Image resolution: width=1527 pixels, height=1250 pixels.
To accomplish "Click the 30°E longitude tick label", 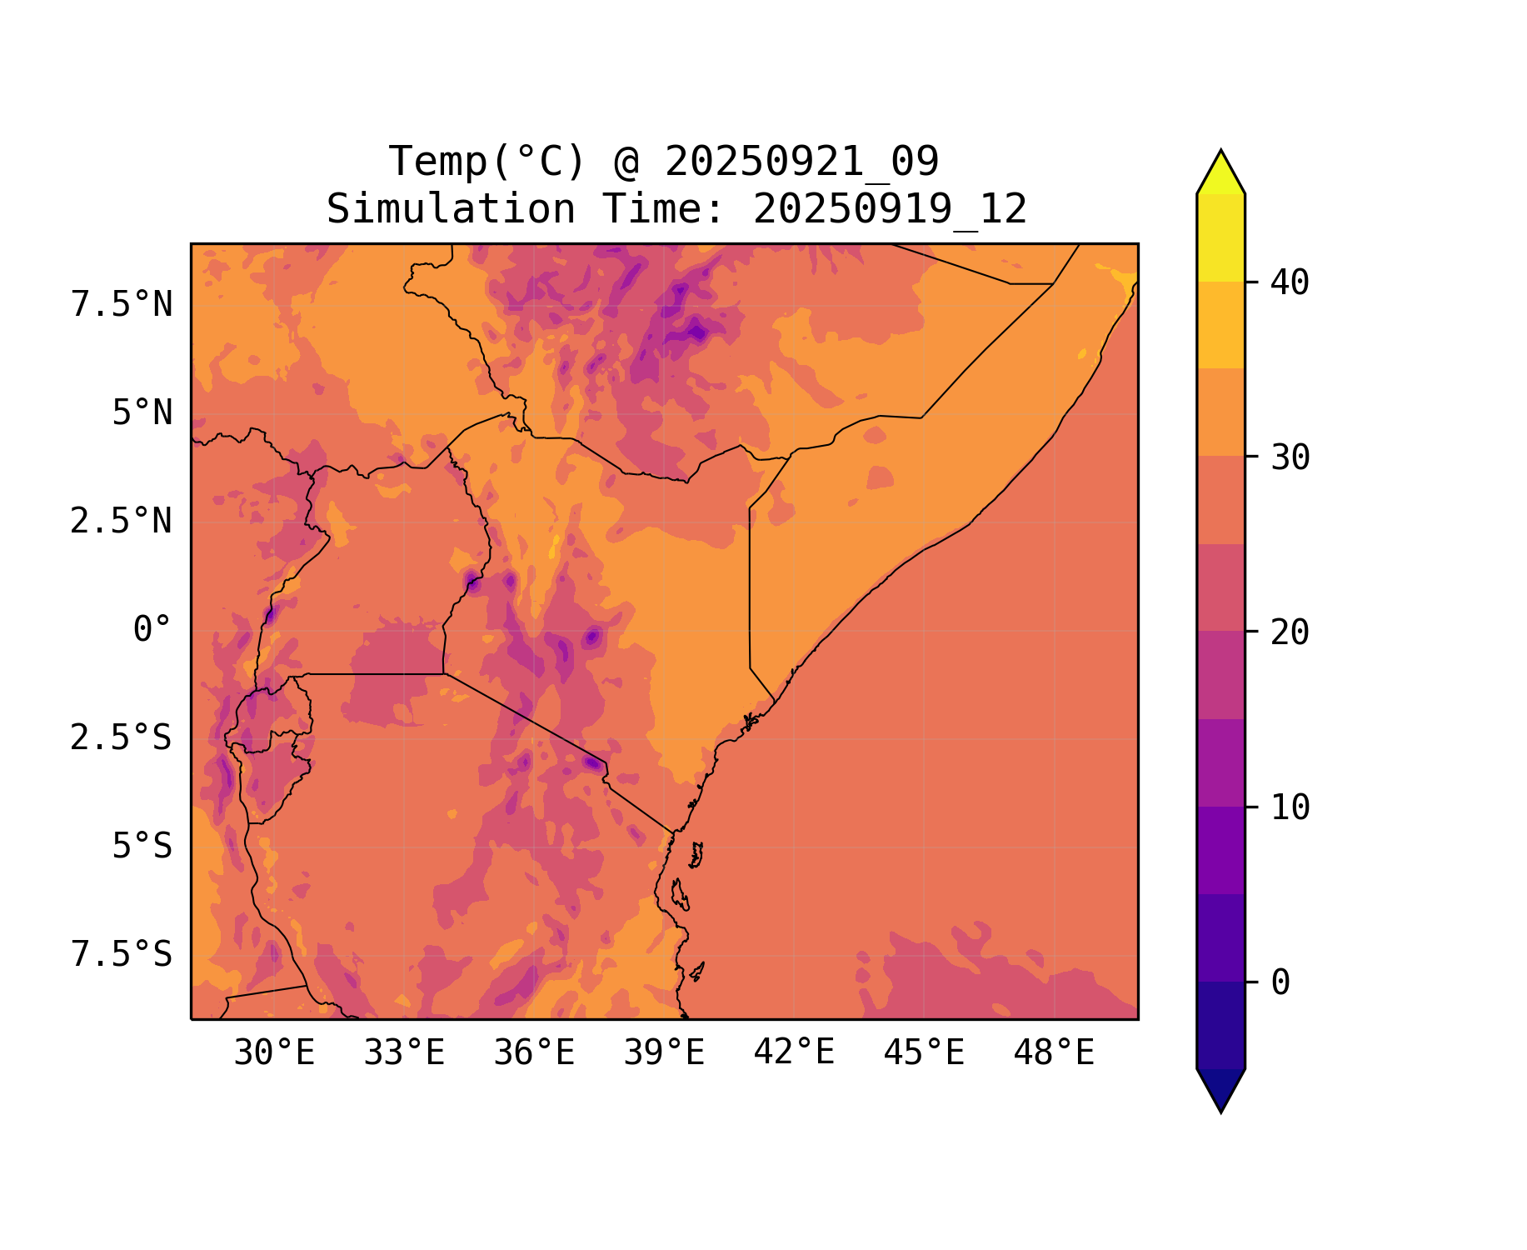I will tap(274, 1053).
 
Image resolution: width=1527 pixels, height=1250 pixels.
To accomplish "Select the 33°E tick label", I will tap(404, 1053).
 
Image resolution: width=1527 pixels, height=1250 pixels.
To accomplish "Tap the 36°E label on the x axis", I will tap(534, 1053).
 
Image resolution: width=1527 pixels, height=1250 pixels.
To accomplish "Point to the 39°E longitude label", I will tap(664, 1053).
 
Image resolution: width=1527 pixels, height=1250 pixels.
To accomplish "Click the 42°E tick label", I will tap(794, 1052).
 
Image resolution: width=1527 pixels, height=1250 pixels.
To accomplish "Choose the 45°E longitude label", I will tap(924, 1053).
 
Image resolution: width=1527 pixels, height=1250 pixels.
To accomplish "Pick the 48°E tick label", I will tap(1054, 1053).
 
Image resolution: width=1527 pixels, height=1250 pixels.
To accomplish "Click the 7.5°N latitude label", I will tap(122, 305).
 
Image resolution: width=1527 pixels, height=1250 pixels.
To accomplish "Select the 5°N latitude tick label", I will tap(142, 413).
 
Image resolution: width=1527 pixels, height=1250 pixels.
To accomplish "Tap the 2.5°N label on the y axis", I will tap(122, 522).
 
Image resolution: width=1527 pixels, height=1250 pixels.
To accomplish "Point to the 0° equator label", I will tap(152, 629).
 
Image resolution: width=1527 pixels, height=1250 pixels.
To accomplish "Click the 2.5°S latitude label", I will tap(122, 737).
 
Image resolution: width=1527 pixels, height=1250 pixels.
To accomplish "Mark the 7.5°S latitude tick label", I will tap(122, 954).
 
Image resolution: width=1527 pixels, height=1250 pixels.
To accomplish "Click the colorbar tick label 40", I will tap(1290, 282).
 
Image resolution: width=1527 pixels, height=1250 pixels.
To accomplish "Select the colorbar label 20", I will tap(1290, 632).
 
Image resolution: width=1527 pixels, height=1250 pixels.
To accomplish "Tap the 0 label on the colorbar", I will tap(1280, 982).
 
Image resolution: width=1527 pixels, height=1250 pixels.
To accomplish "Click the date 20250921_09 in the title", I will tap(801, 162).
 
